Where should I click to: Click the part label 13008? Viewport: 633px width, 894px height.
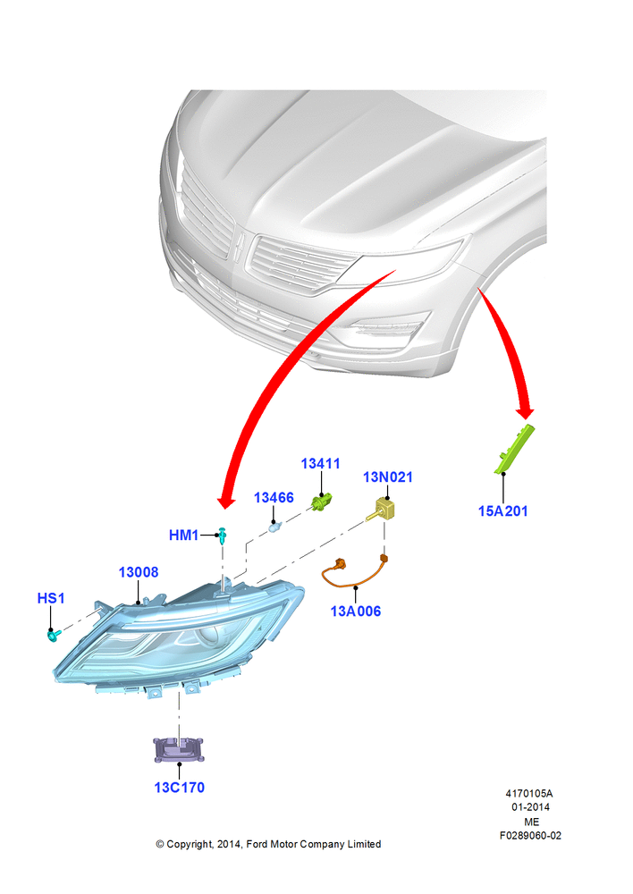click(x=139, y=572)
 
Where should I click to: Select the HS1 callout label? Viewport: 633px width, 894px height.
click(x=51, y=598)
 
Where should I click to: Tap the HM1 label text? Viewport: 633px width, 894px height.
click(x=183, y=535)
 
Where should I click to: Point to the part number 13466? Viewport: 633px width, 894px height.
click(x=274, y=498)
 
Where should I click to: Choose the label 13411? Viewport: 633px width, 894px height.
click(x=320, y=463)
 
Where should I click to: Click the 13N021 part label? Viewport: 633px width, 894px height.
click(x=388, y=477)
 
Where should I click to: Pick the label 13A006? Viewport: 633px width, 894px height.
click(x=355, y=611)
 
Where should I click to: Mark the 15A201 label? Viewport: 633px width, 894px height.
click(x=503, y=510)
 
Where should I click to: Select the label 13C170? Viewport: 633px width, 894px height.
click(x=179, y=788)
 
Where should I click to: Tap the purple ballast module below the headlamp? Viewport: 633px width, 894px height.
click(x=179, y=749)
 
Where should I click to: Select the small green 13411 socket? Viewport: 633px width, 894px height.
click(x=322, y=502)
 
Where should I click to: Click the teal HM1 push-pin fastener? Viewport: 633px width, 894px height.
click(x=223, y=536)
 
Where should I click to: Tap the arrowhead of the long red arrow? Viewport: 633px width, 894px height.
click(x=226, y=501)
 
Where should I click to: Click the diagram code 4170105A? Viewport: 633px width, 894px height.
click(x=528, y=793)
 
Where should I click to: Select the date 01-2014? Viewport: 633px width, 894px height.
click(x=530, y=806)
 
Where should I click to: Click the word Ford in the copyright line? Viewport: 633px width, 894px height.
click(x=257, y=844)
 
